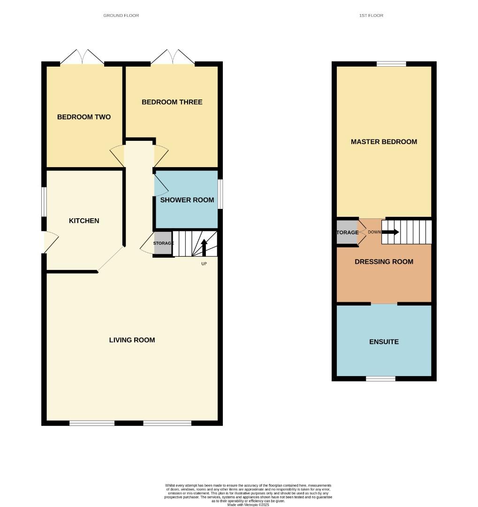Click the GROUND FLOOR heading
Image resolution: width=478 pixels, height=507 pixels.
[121, 15]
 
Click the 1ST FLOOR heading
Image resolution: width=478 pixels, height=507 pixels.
[371, 15]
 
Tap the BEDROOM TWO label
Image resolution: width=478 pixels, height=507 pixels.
[84, 117]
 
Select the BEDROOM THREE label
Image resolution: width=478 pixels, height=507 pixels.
[172, 102]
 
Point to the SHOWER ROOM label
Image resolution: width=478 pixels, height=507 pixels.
[187, 200]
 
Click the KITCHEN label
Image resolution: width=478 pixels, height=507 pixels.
[84, 221]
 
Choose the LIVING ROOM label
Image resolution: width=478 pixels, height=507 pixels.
[132, 340]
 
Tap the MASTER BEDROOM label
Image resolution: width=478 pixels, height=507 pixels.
[384, 142]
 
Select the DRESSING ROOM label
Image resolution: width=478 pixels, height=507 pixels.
[384, 261]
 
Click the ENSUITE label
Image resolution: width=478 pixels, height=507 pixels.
[384, 342]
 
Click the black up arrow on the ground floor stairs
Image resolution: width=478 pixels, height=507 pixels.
[204, 247]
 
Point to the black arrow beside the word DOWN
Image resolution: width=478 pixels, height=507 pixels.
[390, 232]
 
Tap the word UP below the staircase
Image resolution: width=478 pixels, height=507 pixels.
[204, 264]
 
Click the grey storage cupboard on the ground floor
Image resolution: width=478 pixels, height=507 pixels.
[163, 243]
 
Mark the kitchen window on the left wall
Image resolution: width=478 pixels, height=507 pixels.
[44, 202]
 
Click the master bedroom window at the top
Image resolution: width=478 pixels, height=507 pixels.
[391, 64]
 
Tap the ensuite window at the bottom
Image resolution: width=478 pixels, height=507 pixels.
[380, 378]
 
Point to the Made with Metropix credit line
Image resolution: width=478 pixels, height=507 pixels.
[248, 505]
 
